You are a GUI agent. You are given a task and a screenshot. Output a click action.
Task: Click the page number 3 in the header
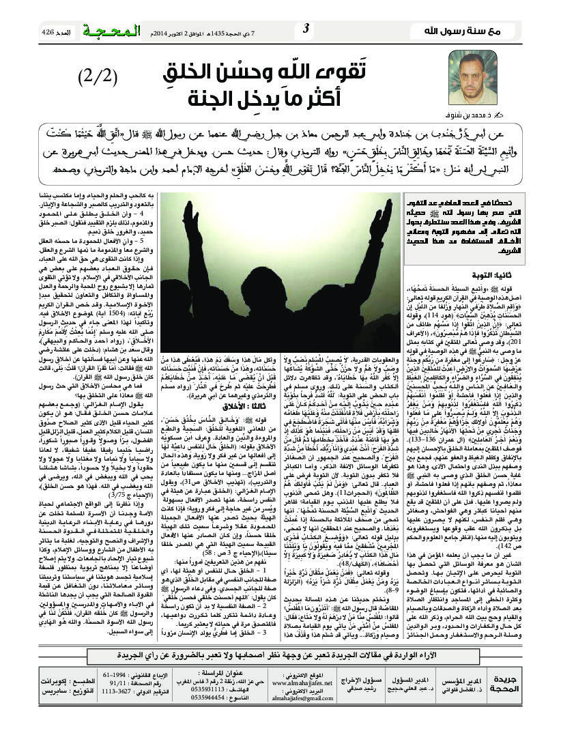point(305,29)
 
